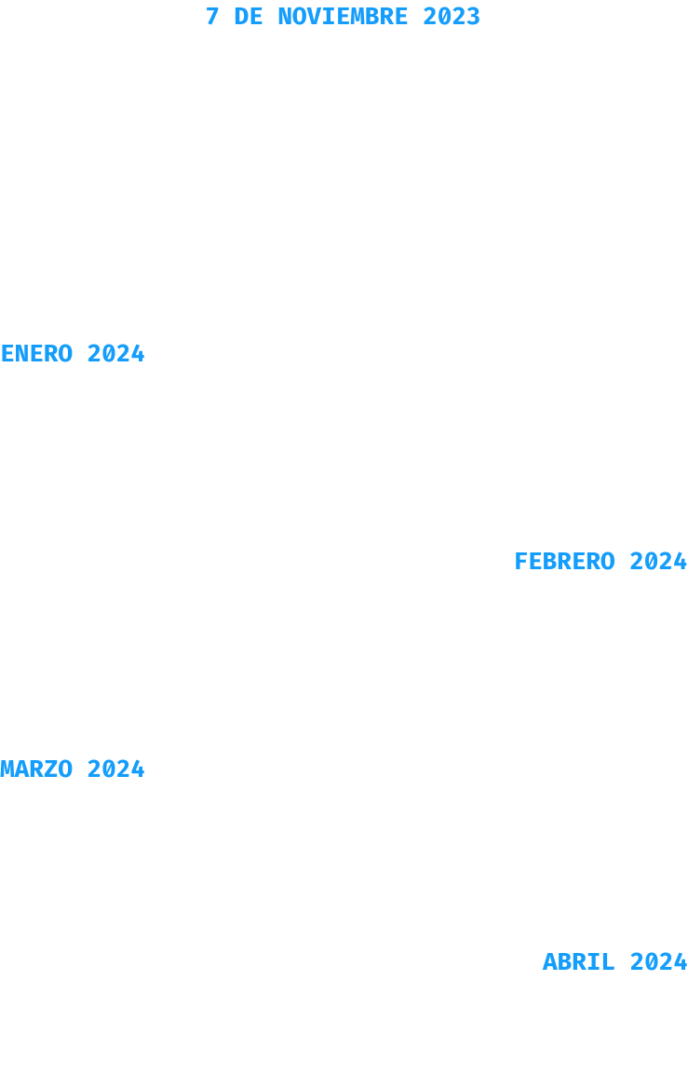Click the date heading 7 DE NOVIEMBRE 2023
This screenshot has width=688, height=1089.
[343, 17]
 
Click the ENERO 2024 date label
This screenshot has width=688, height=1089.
[73, 354]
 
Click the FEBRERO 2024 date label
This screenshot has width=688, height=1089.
[600, 562]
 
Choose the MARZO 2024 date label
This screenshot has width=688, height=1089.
[73, 769]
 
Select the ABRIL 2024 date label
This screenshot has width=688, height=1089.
[614, 961]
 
